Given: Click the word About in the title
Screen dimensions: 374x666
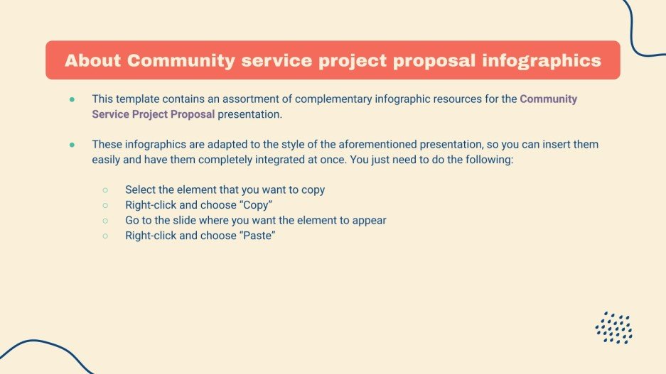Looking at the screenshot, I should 92,60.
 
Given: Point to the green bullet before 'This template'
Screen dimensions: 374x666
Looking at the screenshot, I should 72,99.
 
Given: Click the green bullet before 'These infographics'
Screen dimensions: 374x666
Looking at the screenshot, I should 72,144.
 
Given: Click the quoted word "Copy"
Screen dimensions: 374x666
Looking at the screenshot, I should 257,205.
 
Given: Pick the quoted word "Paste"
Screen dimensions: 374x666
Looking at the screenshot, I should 257,235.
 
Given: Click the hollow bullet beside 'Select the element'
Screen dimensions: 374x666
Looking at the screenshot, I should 105,190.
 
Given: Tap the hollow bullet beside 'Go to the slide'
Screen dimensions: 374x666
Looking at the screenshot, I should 105,220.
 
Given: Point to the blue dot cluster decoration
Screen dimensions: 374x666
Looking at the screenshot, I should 614,328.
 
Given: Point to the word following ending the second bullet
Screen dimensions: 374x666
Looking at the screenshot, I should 490,160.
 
